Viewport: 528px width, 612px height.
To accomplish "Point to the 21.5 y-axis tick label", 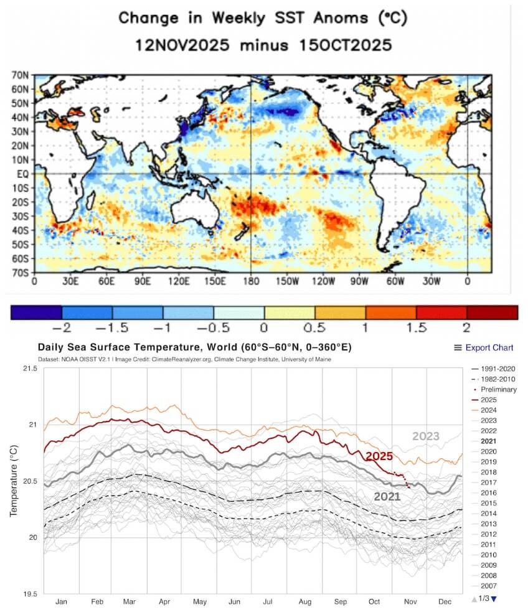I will (29, 369).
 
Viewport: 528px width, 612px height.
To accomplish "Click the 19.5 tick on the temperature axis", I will (29, 593).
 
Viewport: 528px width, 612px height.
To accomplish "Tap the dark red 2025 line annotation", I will (379, 456).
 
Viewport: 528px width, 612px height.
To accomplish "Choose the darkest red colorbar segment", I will (493, 311).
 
